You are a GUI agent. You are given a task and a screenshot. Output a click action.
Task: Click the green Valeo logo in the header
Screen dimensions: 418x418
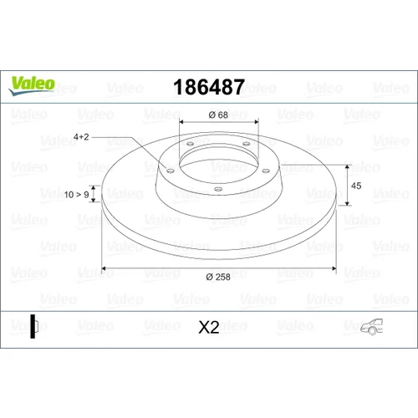(32, 85)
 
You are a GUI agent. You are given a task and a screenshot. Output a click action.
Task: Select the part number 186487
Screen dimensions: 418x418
(209, 87)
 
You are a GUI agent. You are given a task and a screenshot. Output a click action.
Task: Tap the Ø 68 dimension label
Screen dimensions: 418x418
(218, 115)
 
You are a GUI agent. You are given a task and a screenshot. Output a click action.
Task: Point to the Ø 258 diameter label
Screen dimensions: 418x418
(218, 277)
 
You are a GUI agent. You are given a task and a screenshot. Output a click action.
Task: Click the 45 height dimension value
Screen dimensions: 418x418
(356, 186)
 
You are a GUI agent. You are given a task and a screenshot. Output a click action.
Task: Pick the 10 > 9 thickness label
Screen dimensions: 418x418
(77, 195)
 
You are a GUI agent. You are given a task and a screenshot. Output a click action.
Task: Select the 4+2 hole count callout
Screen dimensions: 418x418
(81, 137)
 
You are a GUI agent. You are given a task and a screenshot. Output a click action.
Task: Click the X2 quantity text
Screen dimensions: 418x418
(209, 327)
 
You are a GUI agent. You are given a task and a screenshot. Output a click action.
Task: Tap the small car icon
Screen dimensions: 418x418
(372, 327)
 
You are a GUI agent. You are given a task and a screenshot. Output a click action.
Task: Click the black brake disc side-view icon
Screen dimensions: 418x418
(34, 326)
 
